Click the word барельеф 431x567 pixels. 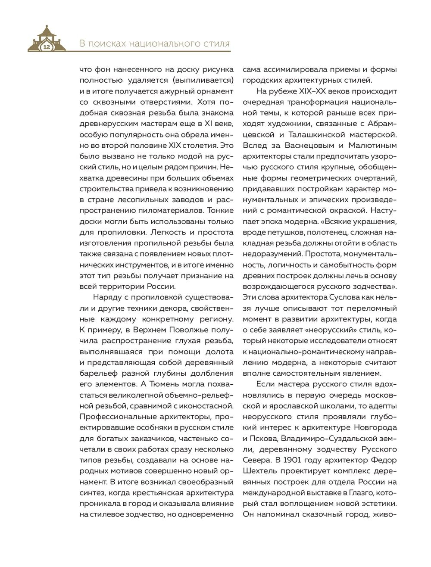(99, 373)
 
